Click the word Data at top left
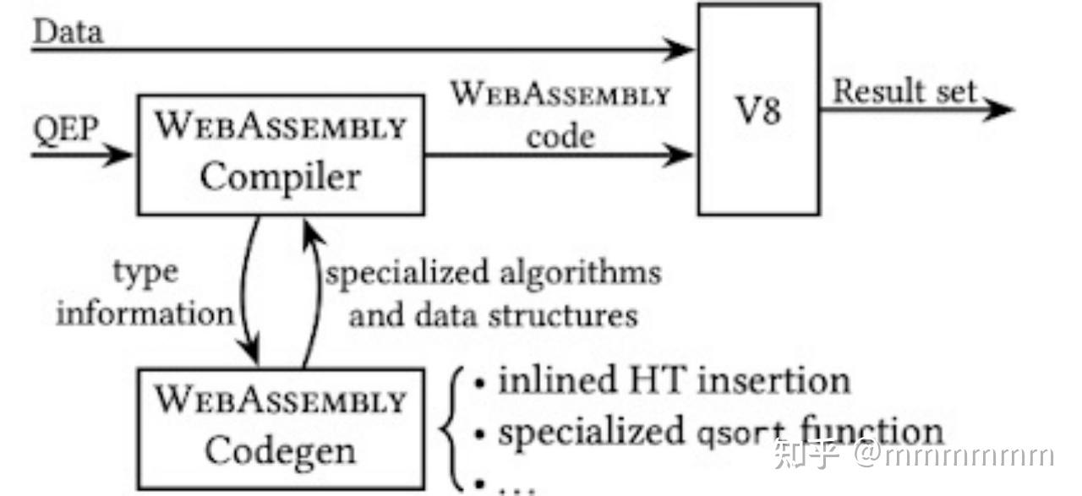coord(68,31)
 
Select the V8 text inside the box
coord(758,111)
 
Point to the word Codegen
coord(281,451)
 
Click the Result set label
coord(904,91)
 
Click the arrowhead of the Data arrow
coord(681,49)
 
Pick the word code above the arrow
coord(560,136)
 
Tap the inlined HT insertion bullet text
coord(673,380)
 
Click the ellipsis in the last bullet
coord(518,485)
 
